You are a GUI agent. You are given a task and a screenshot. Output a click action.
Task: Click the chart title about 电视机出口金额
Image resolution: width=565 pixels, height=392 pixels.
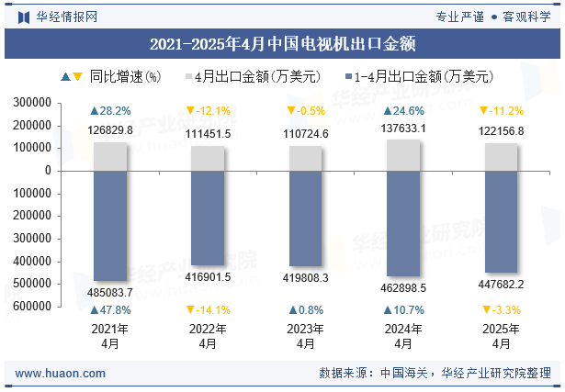tap(282, 43)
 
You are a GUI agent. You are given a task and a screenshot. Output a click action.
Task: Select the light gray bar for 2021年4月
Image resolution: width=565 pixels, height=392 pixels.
tap(110, 156)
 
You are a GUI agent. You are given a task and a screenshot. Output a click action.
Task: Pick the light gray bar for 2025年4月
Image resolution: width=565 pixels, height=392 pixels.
tap(502, 157)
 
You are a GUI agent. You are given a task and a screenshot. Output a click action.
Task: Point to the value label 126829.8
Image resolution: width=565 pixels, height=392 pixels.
tap(110, 130)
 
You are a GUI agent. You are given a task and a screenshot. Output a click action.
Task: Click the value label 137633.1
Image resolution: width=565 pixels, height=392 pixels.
tap(403, 129)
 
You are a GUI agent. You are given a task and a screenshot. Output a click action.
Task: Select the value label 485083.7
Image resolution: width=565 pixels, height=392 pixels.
tap(110, 292)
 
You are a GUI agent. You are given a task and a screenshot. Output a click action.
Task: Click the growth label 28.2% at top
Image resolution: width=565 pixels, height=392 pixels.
tap(110, 111)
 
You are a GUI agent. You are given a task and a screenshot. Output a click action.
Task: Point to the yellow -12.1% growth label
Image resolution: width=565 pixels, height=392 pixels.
tap(208, 111)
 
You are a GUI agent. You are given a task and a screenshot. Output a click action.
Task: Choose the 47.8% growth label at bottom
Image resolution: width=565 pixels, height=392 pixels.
tap(110, 309)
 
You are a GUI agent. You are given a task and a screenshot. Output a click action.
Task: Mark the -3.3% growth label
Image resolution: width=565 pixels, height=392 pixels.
tap(502, 309)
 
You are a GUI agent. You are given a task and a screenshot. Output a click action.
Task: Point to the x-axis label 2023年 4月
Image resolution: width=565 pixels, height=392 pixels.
tap(306, 336)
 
